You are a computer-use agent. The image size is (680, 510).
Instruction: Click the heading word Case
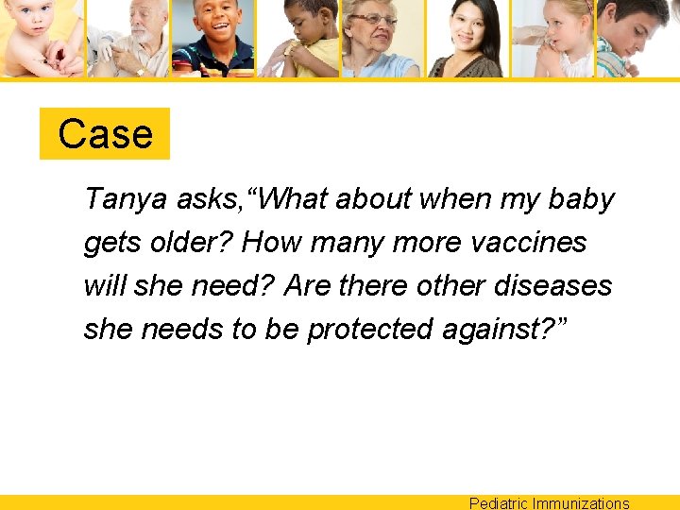105,134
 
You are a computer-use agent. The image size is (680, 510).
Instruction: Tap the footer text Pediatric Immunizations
549,502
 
